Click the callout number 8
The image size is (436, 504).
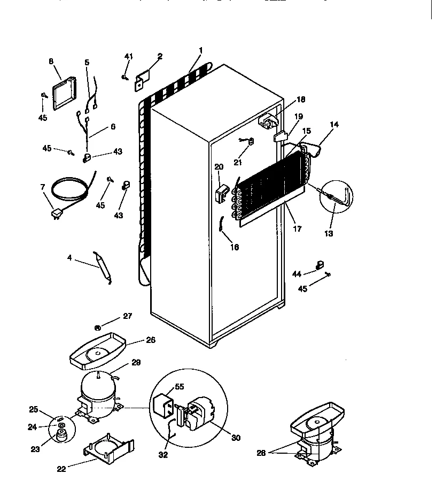51,62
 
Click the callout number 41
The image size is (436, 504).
128,56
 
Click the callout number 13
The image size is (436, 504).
328,233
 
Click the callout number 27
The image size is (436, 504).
127,316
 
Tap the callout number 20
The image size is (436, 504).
219,166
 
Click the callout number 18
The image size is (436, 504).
301,100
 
